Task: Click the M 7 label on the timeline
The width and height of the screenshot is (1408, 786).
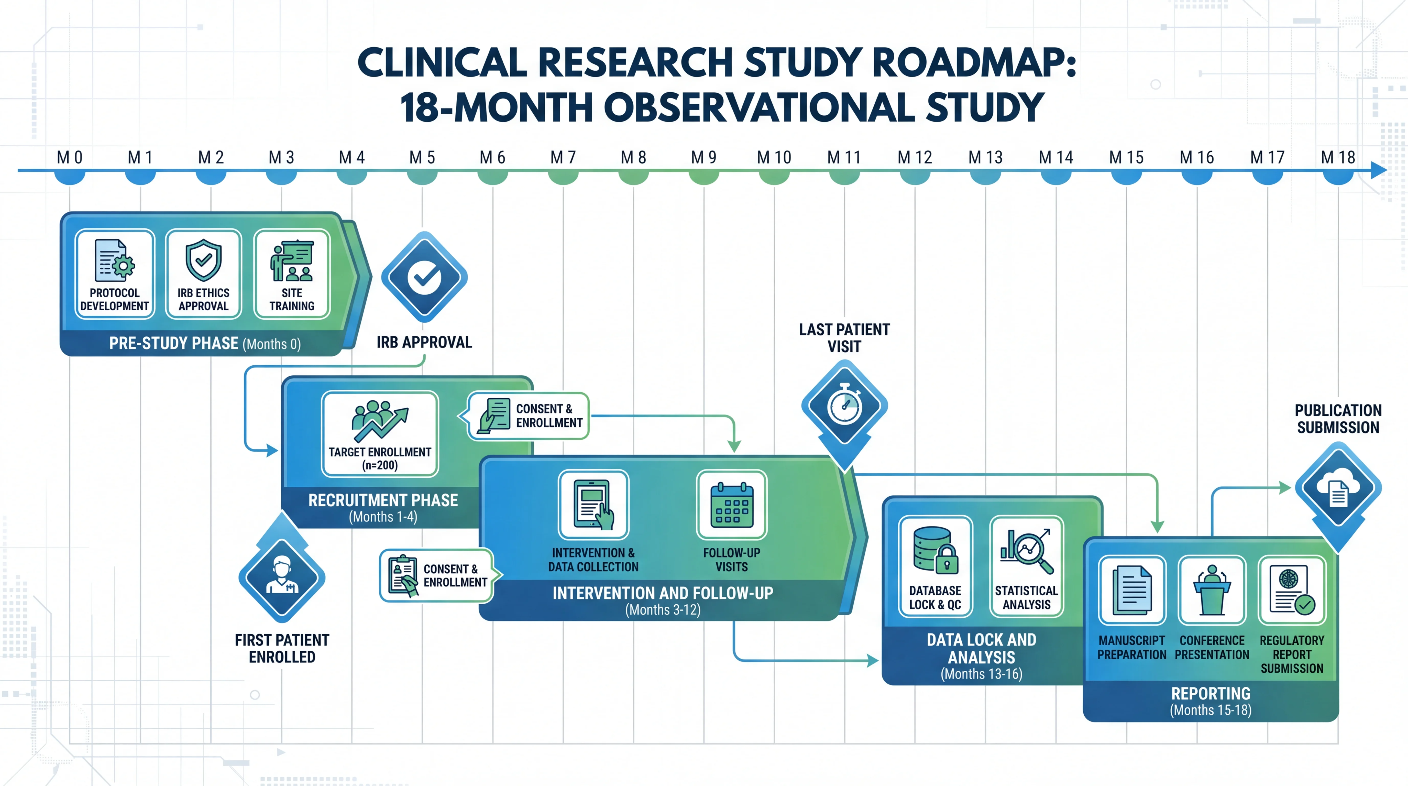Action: point(563,157)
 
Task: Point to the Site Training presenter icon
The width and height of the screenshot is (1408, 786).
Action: point(292,260)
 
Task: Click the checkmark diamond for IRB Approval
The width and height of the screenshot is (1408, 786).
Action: point(424,277)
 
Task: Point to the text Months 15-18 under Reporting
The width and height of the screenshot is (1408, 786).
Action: point(1211,710)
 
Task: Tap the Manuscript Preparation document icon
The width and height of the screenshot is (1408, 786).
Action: point(1132,590)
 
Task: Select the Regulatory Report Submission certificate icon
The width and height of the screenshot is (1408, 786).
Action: point(1292,590)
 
